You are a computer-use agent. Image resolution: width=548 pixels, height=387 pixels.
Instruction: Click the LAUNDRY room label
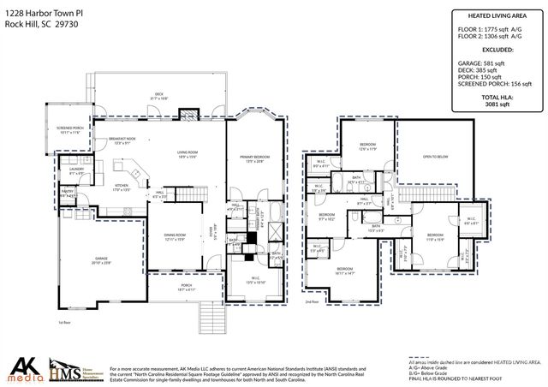pyautogui.click(x=75, y=171)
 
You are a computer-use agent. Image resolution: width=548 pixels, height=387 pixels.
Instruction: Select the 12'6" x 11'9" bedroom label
pyautogui.click(x=367, y=146)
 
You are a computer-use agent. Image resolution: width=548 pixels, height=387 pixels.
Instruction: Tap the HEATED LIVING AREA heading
pyautogui.click(x=491, y=15)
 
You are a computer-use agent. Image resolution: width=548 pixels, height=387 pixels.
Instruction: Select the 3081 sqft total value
pyautogui.click(x=491, y=105)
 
